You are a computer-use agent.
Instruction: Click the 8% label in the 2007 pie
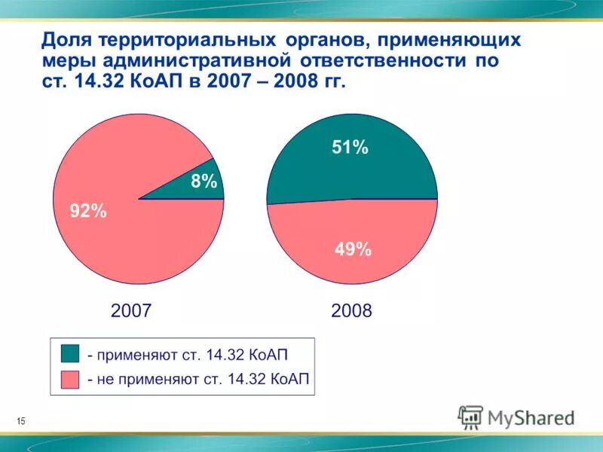point(203,181)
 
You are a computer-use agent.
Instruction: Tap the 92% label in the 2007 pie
point(88,212)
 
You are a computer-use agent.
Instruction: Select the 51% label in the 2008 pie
point(350,148)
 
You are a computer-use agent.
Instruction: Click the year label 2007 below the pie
point(131,310)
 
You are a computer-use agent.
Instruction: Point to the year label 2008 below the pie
point(351,310)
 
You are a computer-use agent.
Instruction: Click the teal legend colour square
point(69,353)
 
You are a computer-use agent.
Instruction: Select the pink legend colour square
point(69,378)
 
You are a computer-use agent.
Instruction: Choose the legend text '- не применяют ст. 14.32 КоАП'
point(198,379)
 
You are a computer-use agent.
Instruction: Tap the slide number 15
point(20,420)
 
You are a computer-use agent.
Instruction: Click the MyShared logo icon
point(471,417)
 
